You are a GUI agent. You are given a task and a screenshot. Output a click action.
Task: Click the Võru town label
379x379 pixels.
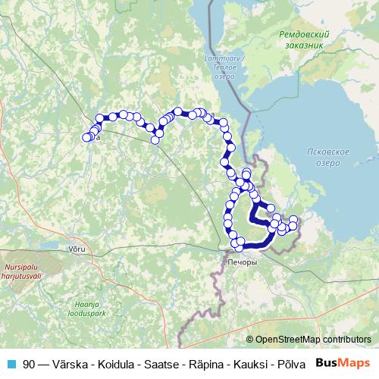[77, 249]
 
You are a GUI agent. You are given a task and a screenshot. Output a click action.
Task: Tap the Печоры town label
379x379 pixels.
[242, 262]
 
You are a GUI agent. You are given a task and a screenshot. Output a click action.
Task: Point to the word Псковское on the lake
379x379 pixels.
[328, 152]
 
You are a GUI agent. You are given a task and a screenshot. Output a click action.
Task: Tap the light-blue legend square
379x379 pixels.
[11, 364]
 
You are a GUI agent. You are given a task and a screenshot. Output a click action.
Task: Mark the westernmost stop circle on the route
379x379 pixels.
[86, 137]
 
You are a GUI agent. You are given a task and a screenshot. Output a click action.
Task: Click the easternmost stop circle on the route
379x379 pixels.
[294, 220]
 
